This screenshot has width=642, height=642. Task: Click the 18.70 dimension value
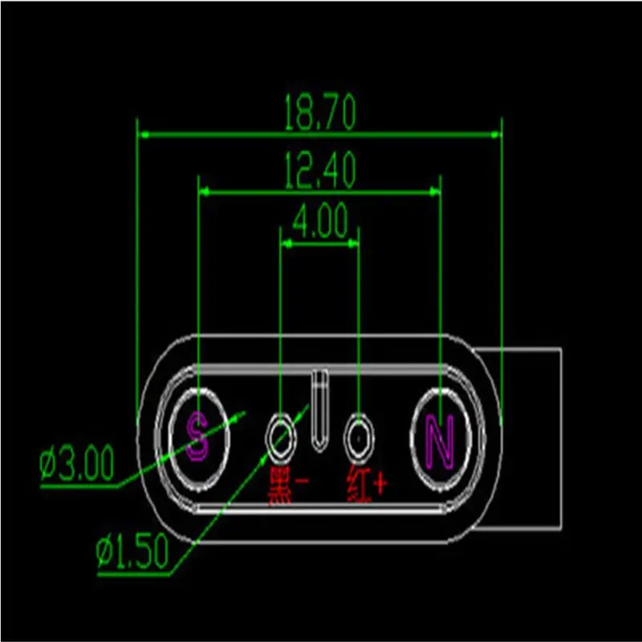[x=319, y=115]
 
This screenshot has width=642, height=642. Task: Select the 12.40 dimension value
[x=319, y=171]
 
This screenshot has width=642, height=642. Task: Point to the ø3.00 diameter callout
[x=78, y=465]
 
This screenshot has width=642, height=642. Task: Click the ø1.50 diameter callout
[x=132, y=551]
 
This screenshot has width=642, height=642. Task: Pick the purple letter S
[x=197, y=438]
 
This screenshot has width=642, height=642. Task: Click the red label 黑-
[x=288, y=481]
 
